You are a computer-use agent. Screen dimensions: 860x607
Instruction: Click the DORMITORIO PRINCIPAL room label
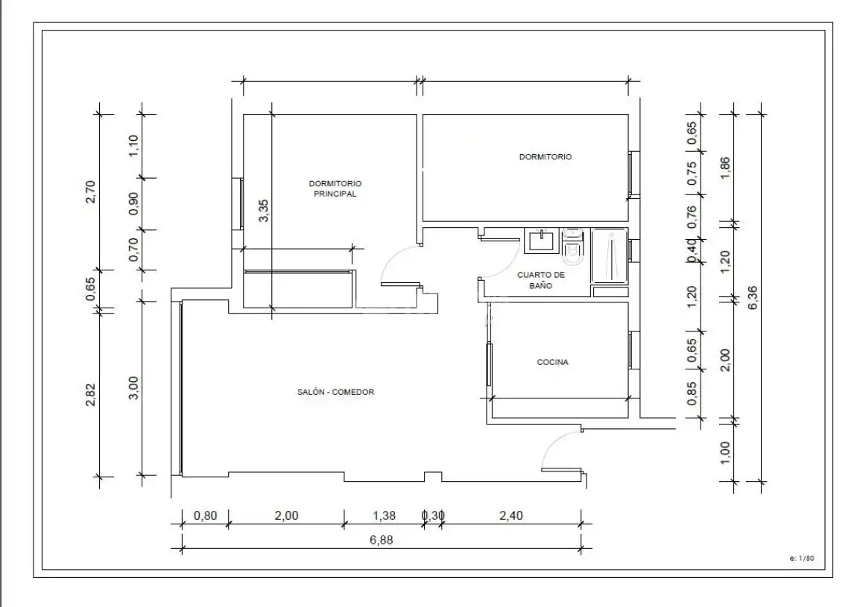pos(335,188)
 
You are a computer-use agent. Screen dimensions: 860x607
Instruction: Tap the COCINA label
pos(552,362)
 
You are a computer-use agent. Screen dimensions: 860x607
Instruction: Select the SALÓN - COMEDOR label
pos(335,392)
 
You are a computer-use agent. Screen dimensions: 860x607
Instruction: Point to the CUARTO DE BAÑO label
pos(541,280)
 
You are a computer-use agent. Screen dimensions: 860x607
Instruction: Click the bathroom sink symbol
pos(542,241)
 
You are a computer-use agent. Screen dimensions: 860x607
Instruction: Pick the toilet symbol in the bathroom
pos(573,244)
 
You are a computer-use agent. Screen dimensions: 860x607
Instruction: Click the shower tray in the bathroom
pos(609,255)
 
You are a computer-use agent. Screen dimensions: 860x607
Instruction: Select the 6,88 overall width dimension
pos(381,540)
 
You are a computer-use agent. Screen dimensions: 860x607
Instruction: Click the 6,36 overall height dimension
pos(753,298)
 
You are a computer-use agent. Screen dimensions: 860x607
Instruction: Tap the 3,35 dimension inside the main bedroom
pos(263,211)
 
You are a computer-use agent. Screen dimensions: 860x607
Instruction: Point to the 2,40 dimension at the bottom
pos(511,515)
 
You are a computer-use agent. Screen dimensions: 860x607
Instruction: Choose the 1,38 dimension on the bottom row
pos(384,515)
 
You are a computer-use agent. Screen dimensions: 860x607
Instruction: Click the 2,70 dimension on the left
pos(90,192)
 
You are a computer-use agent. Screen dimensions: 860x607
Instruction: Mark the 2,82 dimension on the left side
pos(90,395)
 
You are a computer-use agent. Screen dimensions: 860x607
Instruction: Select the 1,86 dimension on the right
pos(724,168)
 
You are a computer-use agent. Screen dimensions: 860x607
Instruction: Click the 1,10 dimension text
pos(133,146)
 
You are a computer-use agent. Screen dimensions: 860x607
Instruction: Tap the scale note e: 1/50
pos(802,558)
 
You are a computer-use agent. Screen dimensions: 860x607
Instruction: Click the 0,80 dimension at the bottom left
pos(205,515)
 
